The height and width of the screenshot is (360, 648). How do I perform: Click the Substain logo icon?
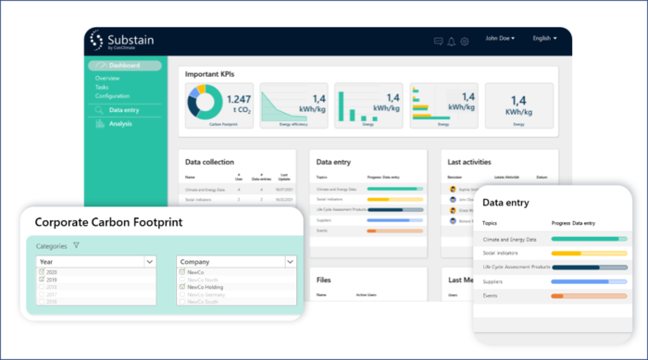click(x=98, y=41)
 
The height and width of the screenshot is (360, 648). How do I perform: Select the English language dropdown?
click(x=544, y=39)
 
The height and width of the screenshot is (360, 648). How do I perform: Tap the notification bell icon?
click(x=452, y=41)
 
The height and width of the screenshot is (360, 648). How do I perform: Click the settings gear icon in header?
click(x=465, y=41)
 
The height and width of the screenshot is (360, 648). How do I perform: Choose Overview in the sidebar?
click(x=107, y=79)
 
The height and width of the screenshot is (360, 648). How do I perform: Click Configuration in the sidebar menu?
click(x=112, y=96)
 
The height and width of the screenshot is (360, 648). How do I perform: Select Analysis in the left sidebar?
click(x=120, y=124)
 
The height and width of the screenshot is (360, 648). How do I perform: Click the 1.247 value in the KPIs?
click(x=239, y=99)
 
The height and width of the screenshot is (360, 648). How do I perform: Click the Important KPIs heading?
click(x=215, y=73)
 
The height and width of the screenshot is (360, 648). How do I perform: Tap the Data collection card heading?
click(x=209, y=162)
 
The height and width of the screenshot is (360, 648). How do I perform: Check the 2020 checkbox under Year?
click(x=41, y=273)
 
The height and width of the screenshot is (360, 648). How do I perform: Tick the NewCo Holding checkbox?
click(x=181, y=287)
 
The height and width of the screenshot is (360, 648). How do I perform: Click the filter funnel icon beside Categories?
click(x=76, y=245)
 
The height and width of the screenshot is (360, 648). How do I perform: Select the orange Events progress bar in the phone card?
click(x=557, y=295)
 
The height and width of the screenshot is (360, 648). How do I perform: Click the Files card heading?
click(x=324, y=279)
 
